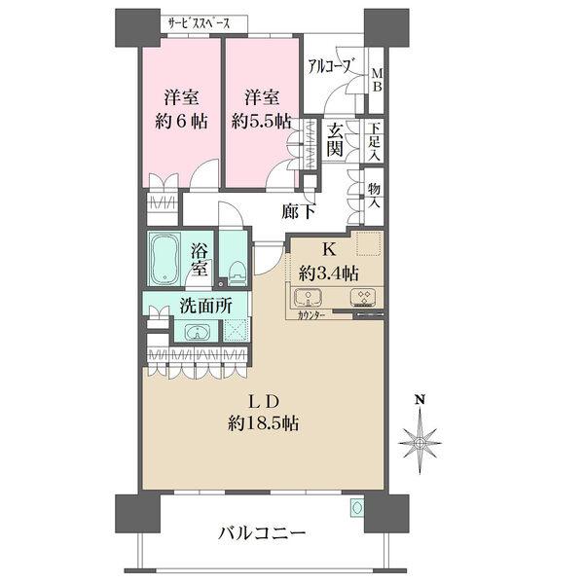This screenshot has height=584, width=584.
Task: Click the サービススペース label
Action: tap(199, 24)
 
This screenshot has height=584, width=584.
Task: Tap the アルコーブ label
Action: tap(330, 66)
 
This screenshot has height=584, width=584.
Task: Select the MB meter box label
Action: tap(377, 81)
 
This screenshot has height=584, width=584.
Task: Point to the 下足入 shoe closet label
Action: tap(375, 142)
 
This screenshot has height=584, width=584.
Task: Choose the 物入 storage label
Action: tap(375, 196)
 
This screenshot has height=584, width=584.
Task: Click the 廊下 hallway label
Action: tap(299, 212)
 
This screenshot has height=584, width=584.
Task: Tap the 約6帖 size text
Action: tap(181, 121)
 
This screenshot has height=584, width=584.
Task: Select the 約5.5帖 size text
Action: tap(262, 121)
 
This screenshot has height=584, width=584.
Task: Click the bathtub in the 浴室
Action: tap(164, 259)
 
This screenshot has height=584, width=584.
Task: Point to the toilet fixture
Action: tap(237, 274)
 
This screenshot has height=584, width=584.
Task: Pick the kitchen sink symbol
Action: tap(309, 298)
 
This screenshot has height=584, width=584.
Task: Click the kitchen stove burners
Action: tap(363, 297)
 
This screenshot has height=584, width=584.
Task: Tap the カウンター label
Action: tap(311, 315)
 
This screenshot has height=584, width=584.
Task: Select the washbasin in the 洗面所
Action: tap(197, 332)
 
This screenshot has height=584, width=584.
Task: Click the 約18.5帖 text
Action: tap(264, 423)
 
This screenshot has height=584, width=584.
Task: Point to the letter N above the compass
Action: tap(420, 400)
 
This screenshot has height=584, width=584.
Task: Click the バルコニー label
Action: tap(262, 533)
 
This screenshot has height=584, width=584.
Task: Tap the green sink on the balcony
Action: tap(356, 508)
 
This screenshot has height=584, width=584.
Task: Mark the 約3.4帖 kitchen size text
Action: tap(329, 274)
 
